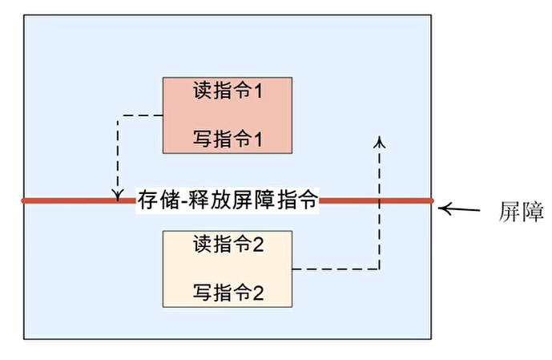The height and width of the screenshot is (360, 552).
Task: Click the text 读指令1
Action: coord(228,91)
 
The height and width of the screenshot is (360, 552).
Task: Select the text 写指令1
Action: coord(228,140)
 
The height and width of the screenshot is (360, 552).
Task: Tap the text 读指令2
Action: coord(228,244)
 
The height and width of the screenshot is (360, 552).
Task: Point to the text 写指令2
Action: coord(228,292)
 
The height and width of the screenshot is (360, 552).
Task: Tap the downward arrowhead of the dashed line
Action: coord(118,193)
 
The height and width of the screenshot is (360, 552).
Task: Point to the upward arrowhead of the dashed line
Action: coord(380,141)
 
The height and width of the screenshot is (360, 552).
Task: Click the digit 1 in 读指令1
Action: coord(259,91)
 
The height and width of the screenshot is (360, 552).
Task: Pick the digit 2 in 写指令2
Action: coord(258,292)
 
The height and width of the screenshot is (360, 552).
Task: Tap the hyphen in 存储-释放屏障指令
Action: coord(185,200)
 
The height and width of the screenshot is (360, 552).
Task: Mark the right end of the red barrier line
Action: coord(432,200)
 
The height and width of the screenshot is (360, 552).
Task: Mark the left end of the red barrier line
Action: coord(24,200)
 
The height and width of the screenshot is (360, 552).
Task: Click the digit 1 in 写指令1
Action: coord(259,140)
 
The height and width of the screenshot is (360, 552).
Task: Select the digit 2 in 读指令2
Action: coord(258,244)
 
